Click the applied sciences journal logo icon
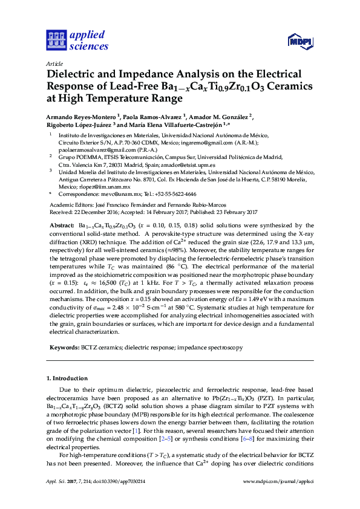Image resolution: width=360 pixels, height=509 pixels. tap(56, 41)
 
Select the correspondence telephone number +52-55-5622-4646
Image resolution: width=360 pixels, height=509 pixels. tap(174, 195)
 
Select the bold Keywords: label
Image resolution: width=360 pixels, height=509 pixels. tap(64, 348)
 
